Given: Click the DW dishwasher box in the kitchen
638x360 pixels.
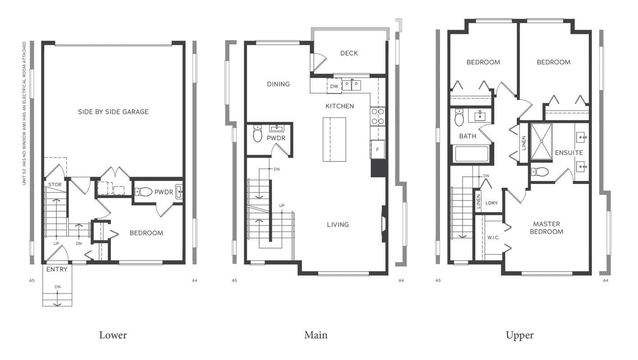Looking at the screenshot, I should (334, 86).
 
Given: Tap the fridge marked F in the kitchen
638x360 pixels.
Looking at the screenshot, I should (377, 149).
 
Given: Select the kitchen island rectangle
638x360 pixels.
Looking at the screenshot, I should (334, 139).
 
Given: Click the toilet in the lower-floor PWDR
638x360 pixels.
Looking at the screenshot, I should (144, 192).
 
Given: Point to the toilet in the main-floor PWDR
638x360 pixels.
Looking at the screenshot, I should (257, 134).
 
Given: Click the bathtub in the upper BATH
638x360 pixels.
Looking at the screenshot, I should (472, 153).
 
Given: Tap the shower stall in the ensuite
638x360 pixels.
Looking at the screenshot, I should (542, 142).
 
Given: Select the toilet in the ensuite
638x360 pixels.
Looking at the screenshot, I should (539, 171).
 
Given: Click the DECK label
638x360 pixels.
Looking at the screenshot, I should (349, 53).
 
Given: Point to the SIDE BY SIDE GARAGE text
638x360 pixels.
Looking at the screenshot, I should (113, 112).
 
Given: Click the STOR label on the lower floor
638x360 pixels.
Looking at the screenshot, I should (55, 185).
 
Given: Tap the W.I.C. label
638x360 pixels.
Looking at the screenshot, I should (493, 237).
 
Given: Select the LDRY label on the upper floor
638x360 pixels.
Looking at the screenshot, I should (491, 203).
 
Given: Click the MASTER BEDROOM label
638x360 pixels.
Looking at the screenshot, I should (546, 228).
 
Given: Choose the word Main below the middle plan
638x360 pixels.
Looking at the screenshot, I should (316, 335).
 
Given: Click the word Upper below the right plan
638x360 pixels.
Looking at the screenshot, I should (519, 335).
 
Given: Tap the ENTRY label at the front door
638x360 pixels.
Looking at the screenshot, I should (57, 270).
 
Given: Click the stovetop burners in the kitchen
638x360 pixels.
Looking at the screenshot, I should (378, 116).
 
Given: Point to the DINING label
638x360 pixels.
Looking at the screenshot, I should (278, 84).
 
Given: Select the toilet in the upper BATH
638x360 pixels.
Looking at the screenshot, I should (459, 118).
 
